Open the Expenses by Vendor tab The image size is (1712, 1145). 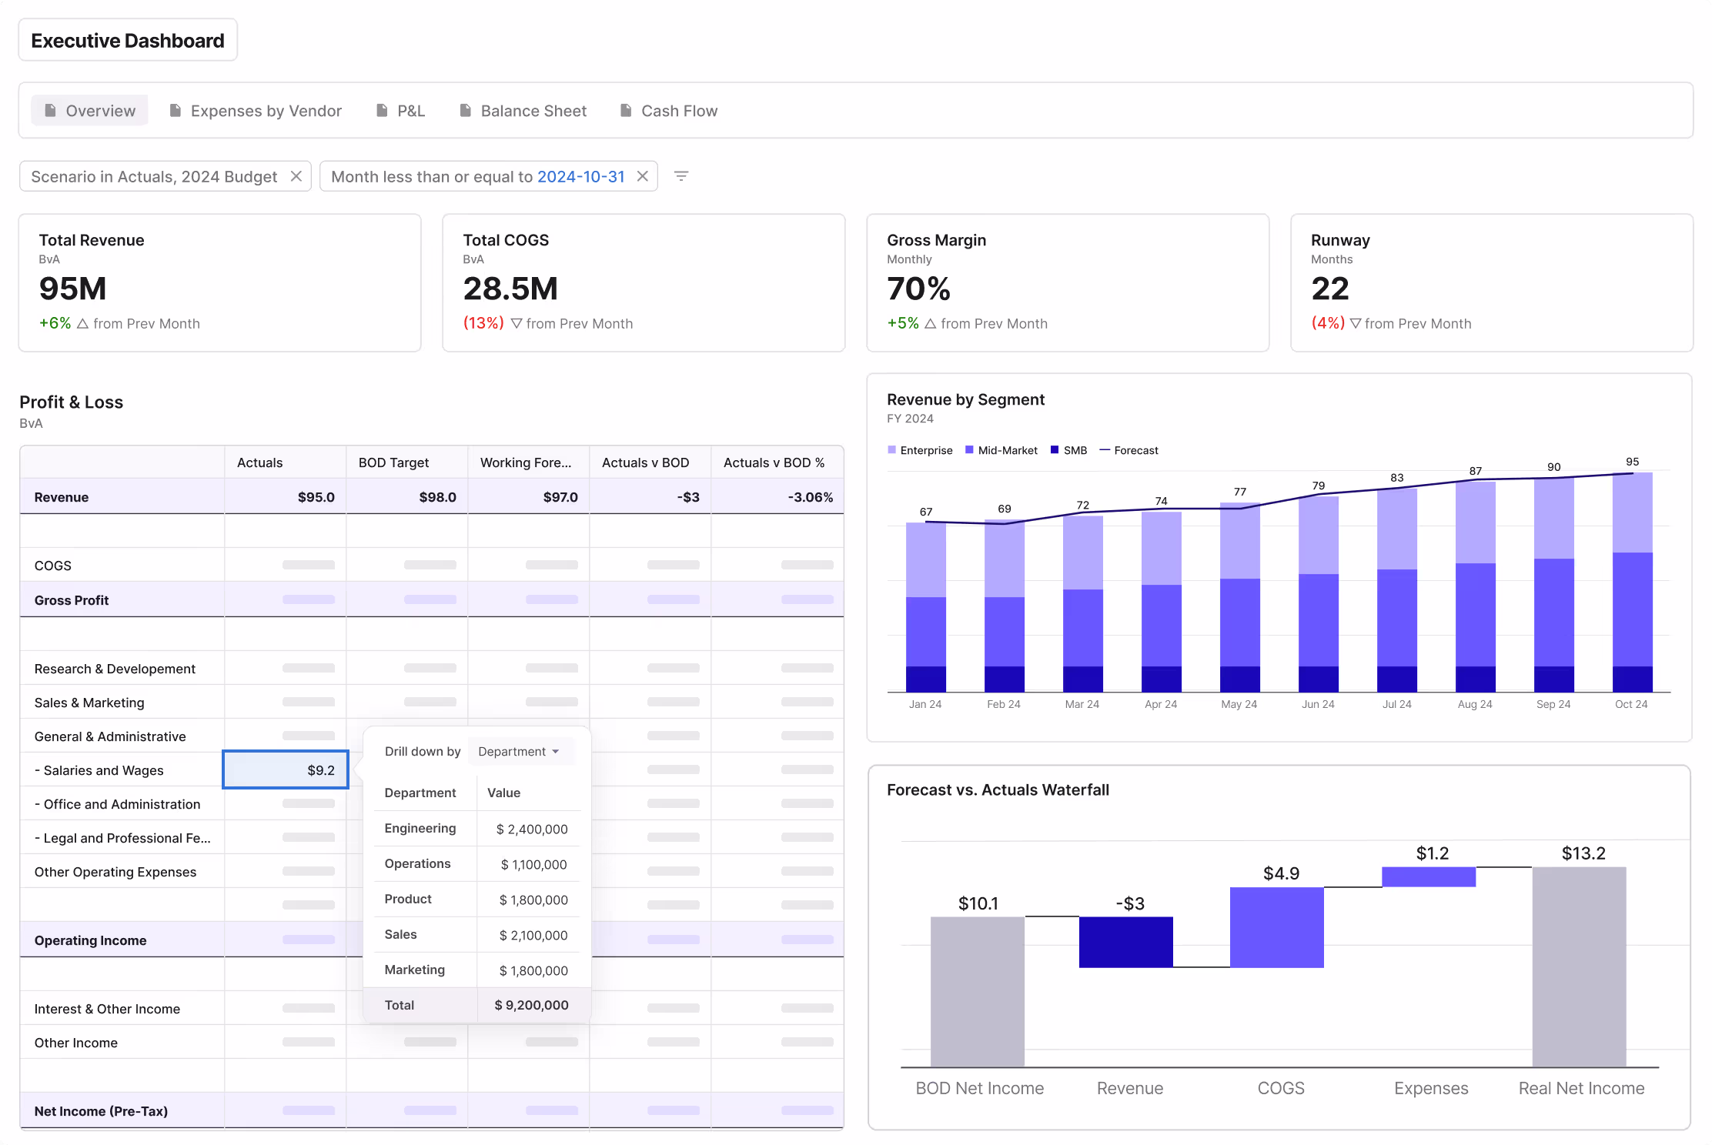(266, 111)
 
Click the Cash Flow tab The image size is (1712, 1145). (678, 111)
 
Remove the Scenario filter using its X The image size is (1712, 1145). (296, 176)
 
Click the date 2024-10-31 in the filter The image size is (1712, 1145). (580, 176)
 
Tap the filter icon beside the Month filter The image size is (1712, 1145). (680, 176)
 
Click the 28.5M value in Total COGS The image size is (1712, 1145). (510, 289)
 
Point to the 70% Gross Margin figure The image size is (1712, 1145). (918, 289)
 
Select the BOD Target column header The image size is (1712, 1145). (393, 462)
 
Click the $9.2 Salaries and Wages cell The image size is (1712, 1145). (286, 769)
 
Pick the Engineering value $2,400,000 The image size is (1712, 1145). (531, 829)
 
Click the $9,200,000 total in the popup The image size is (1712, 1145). (531, 1005)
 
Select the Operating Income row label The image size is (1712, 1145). (90, 940)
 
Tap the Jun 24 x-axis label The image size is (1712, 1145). (1318, 704)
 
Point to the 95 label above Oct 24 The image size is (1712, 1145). (1632, 462)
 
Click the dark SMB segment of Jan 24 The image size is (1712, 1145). (925, 679)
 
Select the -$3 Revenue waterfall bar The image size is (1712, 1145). (1125, 942)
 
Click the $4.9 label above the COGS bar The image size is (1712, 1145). (1281, 873)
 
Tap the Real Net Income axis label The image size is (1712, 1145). (1581, 1088)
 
